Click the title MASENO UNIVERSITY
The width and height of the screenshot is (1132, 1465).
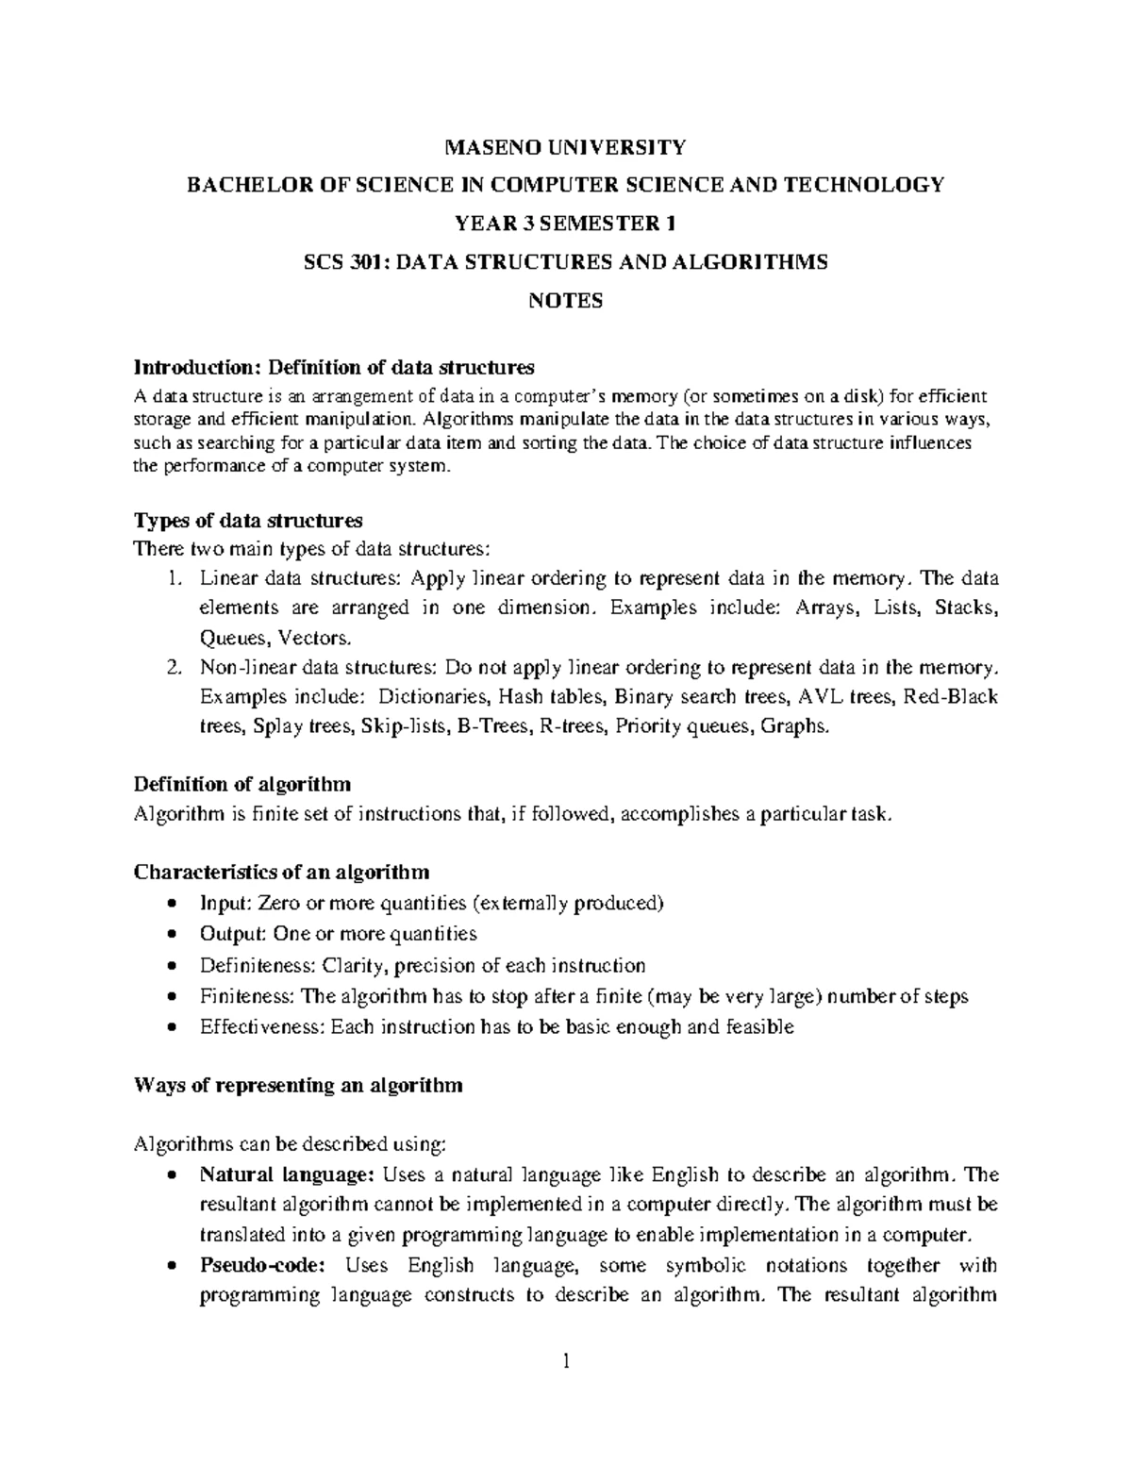565,146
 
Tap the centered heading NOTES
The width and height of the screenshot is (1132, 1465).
565,301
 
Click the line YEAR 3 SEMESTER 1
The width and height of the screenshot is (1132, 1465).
565,224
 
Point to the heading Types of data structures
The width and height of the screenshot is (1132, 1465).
248,520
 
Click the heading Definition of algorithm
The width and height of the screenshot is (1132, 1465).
242,784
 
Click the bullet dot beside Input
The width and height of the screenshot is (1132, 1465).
171,904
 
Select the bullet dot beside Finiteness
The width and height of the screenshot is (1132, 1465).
171,996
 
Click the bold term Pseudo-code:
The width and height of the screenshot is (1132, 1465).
262,1265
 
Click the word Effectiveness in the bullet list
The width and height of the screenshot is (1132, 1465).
261,1026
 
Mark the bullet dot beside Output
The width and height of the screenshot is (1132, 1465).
171,935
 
